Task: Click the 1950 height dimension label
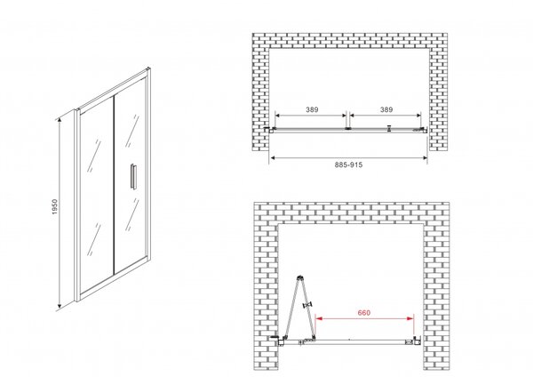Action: coord(55,206)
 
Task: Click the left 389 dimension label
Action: coord(312,109)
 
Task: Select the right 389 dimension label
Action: coord(386,109)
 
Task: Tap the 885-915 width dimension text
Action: coord(348,164)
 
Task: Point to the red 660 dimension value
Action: coord(363,312)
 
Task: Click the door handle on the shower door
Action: coord(132,175)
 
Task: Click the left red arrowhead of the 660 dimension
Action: coord(319,318)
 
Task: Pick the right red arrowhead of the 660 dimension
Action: coord(410,318)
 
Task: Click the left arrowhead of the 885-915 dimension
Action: coord(273,157)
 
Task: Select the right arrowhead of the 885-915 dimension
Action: coord(424,157)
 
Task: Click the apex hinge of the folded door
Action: coord(300,277)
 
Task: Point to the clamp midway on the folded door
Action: coord(308,305)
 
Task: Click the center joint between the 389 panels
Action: coord(347,129)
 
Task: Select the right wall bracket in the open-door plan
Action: coord(417,341)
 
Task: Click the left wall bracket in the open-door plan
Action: coord(280,340)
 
